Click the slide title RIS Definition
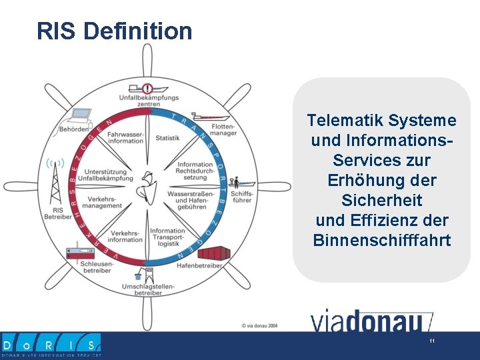114,31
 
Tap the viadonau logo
371,321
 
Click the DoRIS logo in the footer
51,345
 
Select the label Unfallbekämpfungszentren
148,101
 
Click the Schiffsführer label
241,197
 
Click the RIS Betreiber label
57,213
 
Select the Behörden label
73,129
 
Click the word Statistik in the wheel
167,138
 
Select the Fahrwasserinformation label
125,138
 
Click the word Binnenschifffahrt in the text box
382,240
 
